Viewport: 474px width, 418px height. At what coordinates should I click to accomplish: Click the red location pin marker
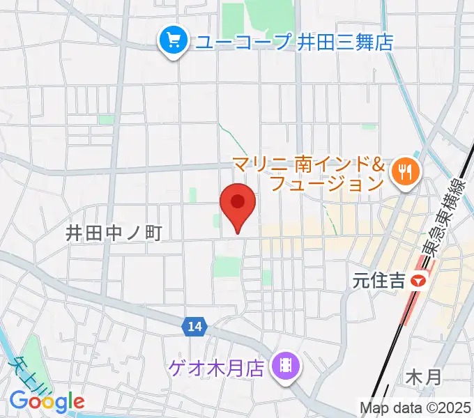(238, 206)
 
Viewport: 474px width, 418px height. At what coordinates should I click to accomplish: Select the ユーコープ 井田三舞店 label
(293, 42)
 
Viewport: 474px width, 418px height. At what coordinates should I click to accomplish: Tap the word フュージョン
(326, 184)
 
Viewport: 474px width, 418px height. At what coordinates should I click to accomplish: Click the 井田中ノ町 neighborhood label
(114, 233)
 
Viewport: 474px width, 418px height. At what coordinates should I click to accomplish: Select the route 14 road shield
(195, 325)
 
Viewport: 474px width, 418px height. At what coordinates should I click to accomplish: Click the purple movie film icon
(285, 364)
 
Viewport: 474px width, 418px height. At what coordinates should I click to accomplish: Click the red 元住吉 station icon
(418, 281)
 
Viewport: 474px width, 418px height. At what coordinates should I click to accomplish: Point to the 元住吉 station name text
(379, 281)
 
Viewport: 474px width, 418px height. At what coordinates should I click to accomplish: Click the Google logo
(47, 401)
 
